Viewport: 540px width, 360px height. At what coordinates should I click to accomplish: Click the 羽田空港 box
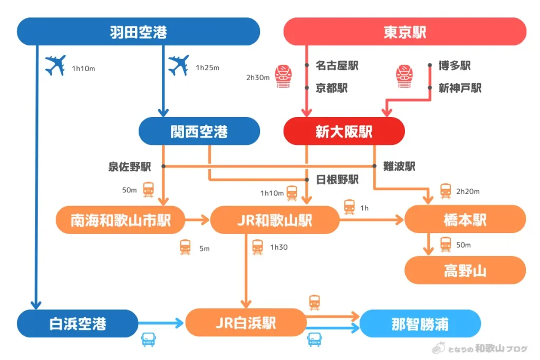[138, 32]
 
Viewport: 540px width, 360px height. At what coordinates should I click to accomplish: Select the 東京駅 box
[404, 32]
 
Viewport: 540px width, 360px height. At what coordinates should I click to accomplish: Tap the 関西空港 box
[199, 131]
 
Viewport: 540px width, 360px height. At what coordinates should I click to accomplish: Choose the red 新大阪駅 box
[344, 131]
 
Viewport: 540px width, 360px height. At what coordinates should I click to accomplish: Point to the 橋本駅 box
[465, 220]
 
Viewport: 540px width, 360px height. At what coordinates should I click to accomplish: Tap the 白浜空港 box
[77, 323]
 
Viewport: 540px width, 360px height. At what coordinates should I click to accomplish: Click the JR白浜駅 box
[246, 323]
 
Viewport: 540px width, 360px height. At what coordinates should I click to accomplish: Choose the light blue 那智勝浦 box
[420, 323]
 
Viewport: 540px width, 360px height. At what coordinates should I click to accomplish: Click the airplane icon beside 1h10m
[55, 66]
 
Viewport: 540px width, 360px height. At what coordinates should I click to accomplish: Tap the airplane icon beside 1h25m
[178, 66]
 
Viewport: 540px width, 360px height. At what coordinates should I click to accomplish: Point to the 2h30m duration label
[258, 77]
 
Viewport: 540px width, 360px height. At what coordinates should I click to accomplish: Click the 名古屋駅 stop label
[336, 66]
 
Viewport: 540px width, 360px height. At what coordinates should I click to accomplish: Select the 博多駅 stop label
[455, 66]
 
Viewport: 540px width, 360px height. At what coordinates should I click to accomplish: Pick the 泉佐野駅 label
[130, 167]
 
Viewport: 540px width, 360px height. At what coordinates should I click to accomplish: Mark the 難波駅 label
[399, 167]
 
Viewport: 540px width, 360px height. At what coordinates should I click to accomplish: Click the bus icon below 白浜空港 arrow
[148, 339]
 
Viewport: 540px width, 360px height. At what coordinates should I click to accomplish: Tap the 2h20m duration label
[468, 191]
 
